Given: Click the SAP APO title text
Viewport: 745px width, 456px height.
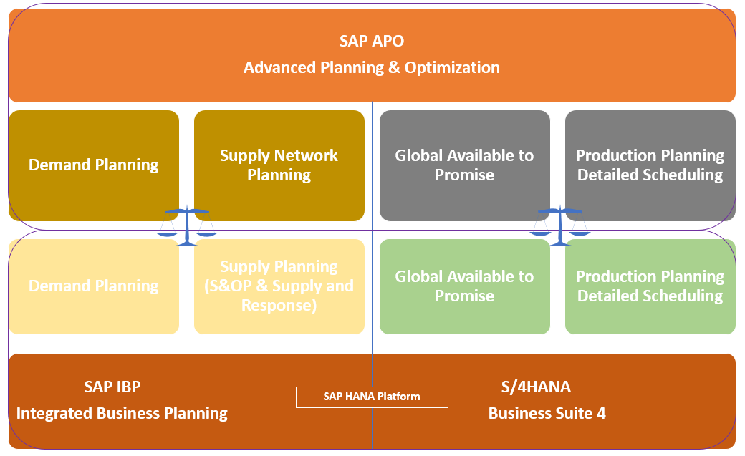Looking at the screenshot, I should point(372,41).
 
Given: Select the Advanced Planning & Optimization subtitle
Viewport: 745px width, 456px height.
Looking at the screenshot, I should point(372,67).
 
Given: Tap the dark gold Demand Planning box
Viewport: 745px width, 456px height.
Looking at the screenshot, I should point(94,165).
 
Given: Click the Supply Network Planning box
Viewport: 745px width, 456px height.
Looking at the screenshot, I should point(279,165).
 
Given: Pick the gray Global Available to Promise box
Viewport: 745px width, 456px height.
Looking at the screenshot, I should point(464,165).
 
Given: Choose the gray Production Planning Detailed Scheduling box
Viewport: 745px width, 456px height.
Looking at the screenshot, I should point(650,165).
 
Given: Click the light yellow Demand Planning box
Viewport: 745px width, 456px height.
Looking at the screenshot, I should point(94,286).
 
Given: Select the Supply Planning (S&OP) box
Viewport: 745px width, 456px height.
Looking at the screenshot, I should point(279,286).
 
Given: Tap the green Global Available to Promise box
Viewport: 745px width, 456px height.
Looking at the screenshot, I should point(464,286).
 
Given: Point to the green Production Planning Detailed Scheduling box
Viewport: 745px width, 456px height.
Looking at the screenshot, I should point(650,286).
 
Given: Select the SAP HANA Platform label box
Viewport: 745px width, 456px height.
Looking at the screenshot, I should point(372,397).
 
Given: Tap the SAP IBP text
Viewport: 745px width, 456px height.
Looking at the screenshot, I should point(112,387).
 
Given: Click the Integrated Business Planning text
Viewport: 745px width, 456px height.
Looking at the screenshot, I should point(122,414).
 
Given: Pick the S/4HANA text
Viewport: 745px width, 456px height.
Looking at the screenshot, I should point(536,387).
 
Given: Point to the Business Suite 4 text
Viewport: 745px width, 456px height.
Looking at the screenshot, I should point(547,414).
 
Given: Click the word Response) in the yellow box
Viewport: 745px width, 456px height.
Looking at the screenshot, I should point(279,305).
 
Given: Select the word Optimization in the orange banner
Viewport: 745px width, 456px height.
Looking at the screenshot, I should point(452,67).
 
